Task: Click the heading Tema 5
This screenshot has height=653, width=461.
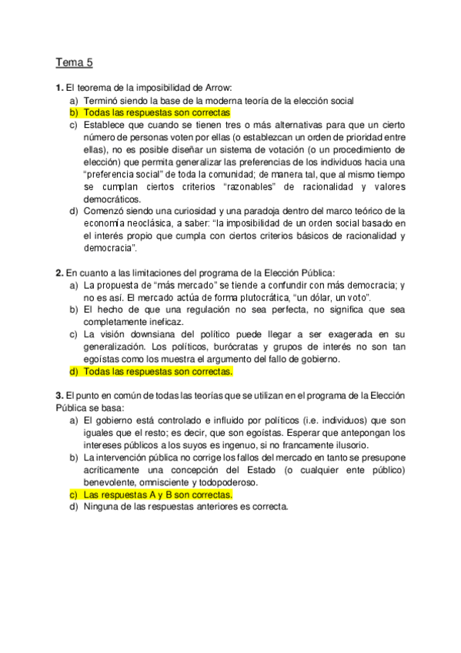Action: (74, 62)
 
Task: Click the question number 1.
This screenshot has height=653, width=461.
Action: (59, 87)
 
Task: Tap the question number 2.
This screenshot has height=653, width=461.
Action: (59, 273)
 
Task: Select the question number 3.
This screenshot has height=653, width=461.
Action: (59, 396)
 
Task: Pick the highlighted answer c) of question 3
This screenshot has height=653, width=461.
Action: (158, 494)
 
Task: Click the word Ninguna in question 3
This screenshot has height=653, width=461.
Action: (102, 507)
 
